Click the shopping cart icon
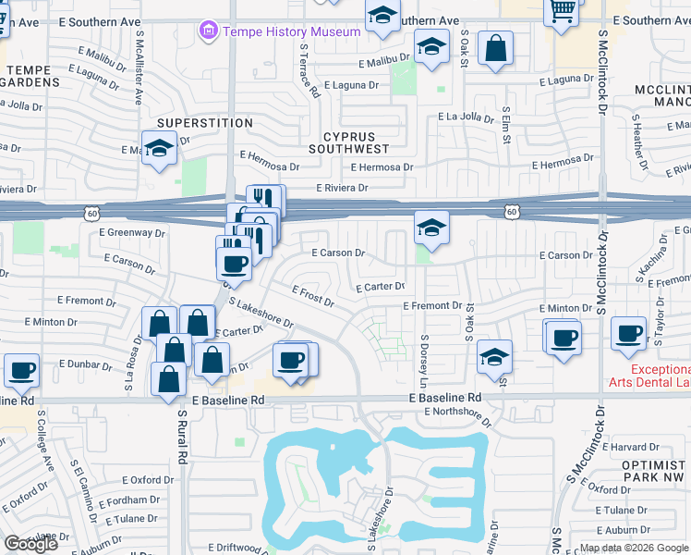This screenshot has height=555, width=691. (x=563, y=12)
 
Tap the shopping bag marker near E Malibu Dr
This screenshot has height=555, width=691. (x=496, y=49)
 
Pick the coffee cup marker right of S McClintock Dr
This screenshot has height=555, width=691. (x=630, y=333)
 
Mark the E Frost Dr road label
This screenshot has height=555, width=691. (x=312, y=296)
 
